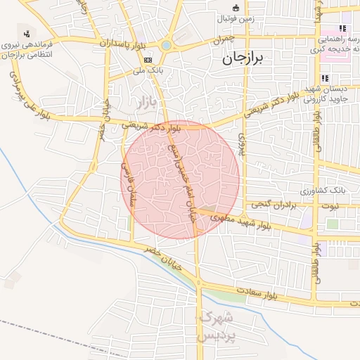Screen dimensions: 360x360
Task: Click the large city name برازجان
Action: pos(241,60)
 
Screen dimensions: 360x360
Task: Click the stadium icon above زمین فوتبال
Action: pos(236,8)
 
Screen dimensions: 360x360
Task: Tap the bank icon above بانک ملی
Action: pos(147,60)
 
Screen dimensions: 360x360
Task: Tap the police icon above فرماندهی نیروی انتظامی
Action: pos(27,33)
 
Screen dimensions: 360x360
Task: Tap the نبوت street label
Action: pos(328,206)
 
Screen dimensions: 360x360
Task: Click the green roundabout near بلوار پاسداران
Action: pos(166,46)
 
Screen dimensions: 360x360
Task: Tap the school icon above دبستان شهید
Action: pos(325,78)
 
